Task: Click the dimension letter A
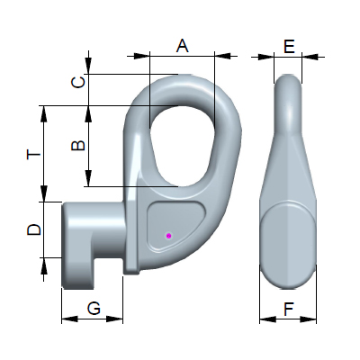tap(183, 45)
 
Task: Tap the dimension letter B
tap(78, 146)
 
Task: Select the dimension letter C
tap(78, 82)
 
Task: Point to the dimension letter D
tap(34, 229)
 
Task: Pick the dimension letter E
tap(289, 47)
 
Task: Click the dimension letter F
tap(288, 310)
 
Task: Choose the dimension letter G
tap(94, 309)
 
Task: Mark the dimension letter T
tap(33, 155)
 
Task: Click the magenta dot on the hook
tap(168, 236)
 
